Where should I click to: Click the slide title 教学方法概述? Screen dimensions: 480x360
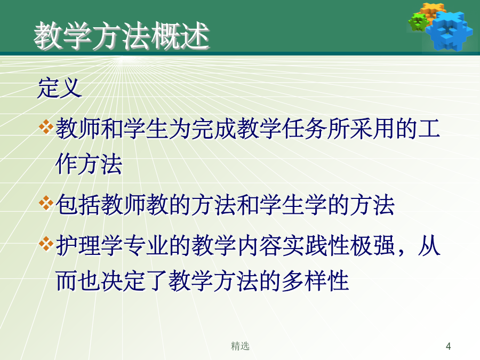(x=122, y=36)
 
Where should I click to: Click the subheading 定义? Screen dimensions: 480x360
(x=59, y=88)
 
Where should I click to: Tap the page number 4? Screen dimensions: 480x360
(x=448, y=346)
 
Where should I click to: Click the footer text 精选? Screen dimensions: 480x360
(x=240, y=346)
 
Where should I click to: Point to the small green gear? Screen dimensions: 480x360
(x=418, y=22)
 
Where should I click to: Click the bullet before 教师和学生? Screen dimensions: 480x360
(x=46, y=127)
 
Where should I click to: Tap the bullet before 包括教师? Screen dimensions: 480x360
(x=46, y=203)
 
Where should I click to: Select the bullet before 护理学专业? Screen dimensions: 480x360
(x=46, y=244)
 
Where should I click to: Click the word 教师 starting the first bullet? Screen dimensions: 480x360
(x=78, y=129)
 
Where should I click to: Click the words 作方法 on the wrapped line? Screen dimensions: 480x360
(x=89, y=164)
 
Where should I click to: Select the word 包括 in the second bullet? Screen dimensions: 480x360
(x=78, y=205)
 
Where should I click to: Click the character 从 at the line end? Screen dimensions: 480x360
(x=429, y=245)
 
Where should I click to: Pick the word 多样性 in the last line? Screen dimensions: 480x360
(x=315, y=281)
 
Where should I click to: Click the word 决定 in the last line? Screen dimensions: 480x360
(x=123, y=281)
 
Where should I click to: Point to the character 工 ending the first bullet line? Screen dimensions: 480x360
(x=429, y=129)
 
